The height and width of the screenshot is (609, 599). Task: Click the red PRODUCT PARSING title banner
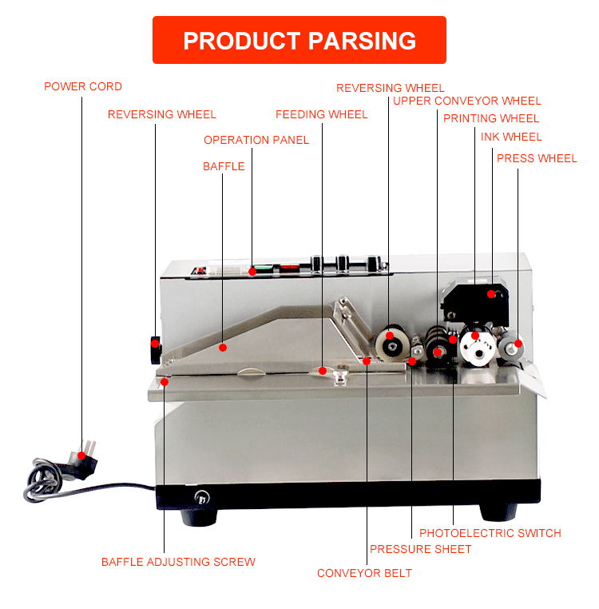(299, 40)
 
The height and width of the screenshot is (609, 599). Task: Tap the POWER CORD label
(83, 86)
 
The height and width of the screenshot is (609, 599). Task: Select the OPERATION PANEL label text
(256, 140)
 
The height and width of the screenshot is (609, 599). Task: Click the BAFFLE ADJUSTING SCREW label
(178, 562)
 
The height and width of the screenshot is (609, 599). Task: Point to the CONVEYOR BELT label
(364, 573)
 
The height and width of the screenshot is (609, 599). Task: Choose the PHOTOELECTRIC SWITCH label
(490, 533)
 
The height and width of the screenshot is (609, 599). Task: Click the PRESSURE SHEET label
(420, 549)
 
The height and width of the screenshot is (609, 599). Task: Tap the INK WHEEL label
(511, 137)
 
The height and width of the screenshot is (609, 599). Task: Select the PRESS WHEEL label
(536, 158)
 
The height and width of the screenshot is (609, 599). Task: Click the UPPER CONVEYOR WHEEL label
(466, 101)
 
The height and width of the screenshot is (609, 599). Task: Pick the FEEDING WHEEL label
(321, 114)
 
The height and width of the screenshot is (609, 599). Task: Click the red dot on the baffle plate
(224, 348)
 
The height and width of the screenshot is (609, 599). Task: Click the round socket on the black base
(201, 497)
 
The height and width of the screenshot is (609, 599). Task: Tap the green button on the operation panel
(260, 270)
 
